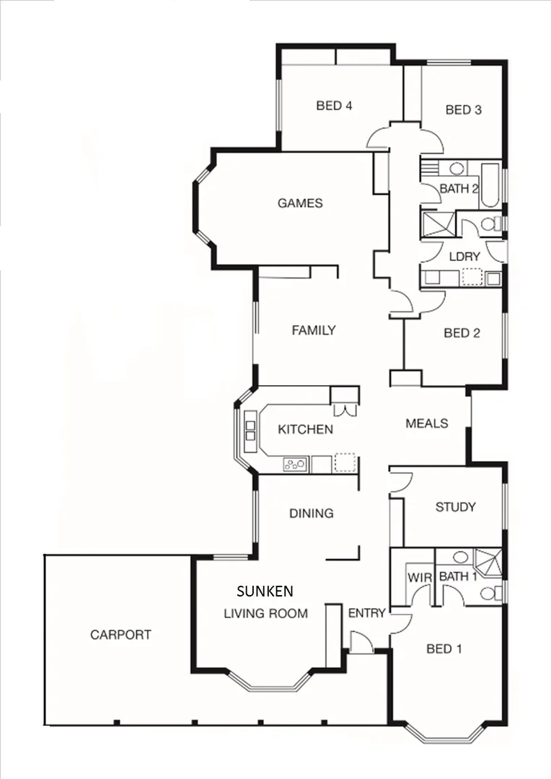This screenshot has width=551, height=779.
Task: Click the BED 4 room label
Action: coord(334,106)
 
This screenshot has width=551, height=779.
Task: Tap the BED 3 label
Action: coord(463,110)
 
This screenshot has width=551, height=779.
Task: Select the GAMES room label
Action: coord(300,203)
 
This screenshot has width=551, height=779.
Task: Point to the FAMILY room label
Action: coord(314,330)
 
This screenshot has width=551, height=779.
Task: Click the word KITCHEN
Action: coord(306,430)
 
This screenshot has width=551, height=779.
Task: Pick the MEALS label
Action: coord(427,423)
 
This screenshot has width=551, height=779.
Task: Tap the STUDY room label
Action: coord(455,507)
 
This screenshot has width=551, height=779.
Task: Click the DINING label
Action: coord(312,514)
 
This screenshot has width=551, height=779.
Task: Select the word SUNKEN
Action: coord(265,591)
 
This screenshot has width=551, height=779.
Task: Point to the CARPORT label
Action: coord(120,635)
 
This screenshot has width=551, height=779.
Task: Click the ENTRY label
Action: coord(366,613)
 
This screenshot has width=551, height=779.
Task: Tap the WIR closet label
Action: coord(419,577)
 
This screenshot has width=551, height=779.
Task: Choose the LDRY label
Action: coord(464,257)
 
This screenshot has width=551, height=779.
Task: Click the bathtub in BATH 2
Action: coord(490,184)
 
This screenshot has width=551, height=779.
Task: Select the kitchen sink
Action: coord(296,465)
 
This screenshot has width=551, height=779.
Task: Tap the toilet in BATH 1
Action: coord(491,593)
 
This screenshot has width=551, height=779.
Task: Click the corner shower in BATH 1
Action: coord(489,560)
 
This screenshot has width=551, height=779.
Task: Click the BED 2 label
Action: coord(462,333)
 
